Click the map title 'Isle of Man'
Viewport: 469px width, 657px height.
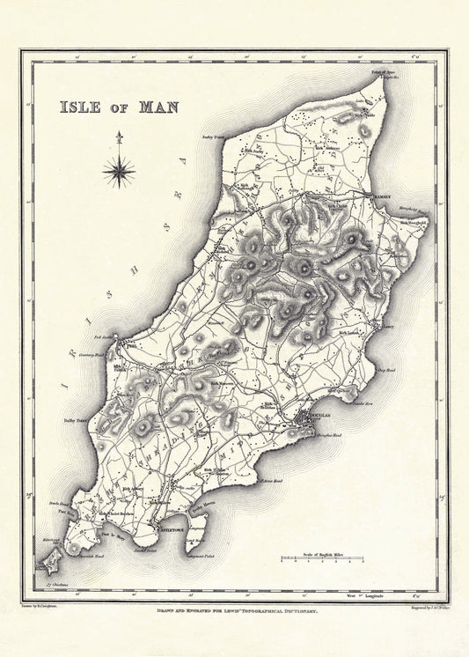[x=119, y=107]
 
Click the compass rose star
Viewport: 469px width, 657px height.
[x=119, y=171]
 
